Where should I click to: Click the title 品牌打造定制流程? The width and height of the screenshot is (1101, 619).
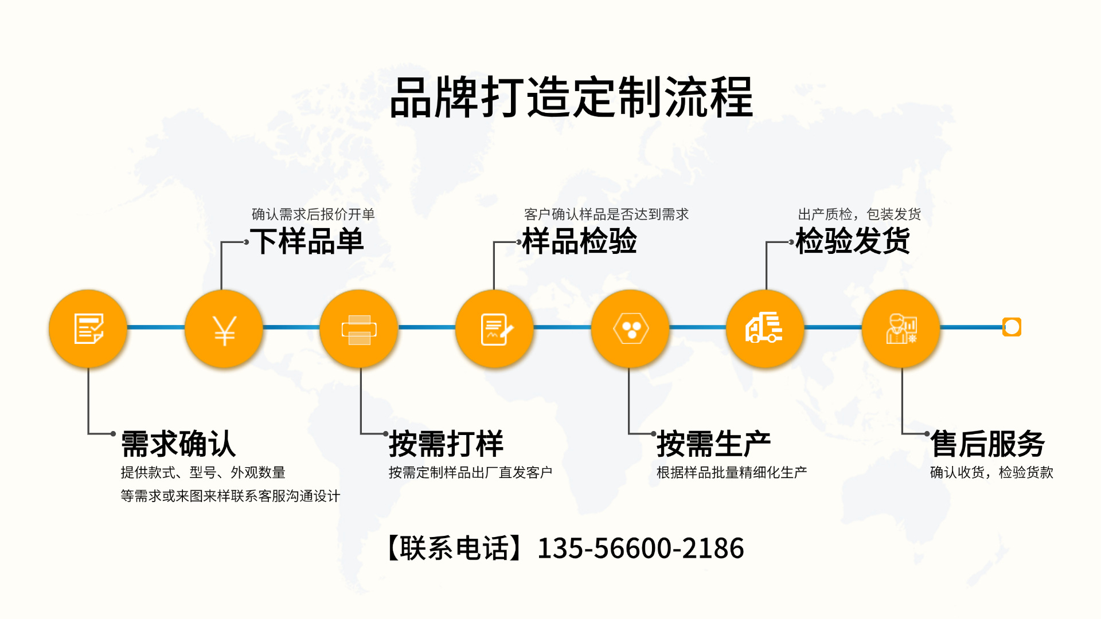coord(571,97)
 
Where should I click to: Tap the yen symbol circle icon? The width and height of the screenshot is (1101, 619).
coord(224,328)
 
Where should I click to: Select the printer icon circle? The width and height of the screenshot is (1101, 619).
coord(359,328)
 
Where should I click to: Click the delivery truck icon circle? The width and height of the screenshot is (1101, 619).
coord(765,328)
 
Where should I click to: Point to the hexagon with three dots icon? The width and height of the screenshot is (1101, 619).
coord(630,328)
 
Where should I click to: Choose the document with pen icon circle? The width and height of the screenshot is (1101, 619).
coord(494,328)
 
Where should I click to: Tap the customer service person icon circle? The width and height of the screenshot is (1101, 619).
coord(901,328)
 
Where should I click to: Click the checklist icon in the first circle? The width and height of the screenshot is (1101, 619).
coord(88,328)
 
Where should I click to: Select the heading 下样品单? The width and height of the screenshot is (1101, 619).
coord(307,241)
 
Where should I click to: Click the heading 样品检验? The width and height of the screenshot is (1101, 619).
coord(580,241)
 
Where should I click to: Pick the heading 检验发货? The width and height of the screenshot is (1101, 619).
coord(853,241)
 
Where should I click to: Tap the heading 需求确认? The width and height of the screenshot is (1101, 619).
coord(178,444)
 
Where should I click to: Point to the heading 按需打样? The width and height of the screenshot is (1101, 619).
coord(446,444)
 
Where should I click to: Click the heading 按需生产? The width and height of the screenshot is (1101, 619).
coord(714,444)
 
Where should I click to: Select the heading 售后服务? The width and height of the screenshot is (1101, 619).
coord(987,444)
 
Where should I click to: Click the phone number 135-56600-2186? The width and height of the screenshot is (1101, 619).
coord(641,548)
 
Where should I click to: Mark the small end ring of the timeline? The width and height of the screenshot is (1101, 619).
coord(1012,327)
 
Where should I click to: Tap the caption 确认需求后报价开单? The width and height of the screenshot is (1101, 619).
coord(313,214)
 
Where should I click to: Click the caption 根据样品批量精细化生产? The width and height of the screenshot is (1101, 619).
coord(732,472)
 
